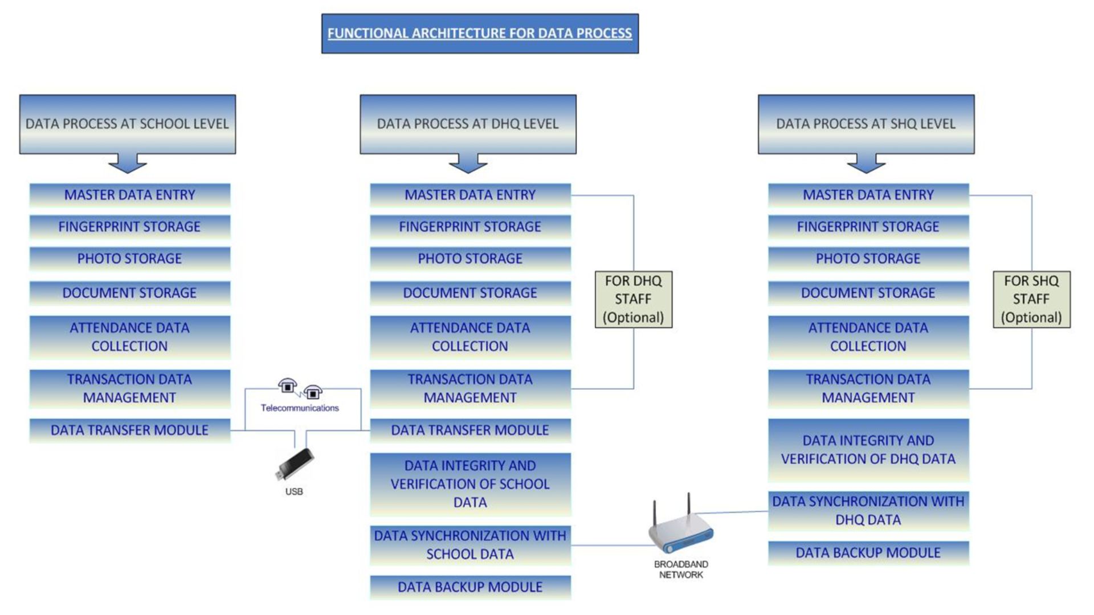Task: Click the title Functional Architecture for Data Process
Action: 480,34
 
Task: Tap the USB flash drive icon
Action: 295,464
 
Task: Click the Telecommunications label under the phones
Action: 300,408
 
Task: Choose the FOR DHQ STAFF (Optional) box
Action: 633,299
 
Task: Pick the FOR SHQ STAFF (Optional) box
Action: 1031,299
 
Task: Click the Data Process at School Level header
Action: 127,124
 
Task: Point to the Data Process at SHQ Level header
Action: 866,124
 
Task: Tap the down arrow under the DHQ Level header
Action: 468,163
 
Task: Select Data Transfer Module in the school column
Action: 130,430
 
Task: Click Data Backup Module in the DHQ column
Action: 470,587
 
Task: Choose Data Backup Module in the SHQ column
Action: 868,553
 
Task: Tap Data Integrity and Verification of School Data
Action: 470,484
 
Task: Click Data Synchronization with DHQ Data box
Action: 868,511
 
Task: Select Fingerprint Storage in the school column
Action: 130,227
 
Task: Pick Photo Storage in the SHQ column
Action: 868,259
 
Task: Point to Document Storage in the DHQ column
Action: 470,293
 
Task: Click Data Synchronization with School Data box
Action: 470,545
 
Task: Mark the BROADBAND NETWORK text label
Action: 681,569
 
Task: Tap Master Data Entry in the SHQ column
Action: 868,195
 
